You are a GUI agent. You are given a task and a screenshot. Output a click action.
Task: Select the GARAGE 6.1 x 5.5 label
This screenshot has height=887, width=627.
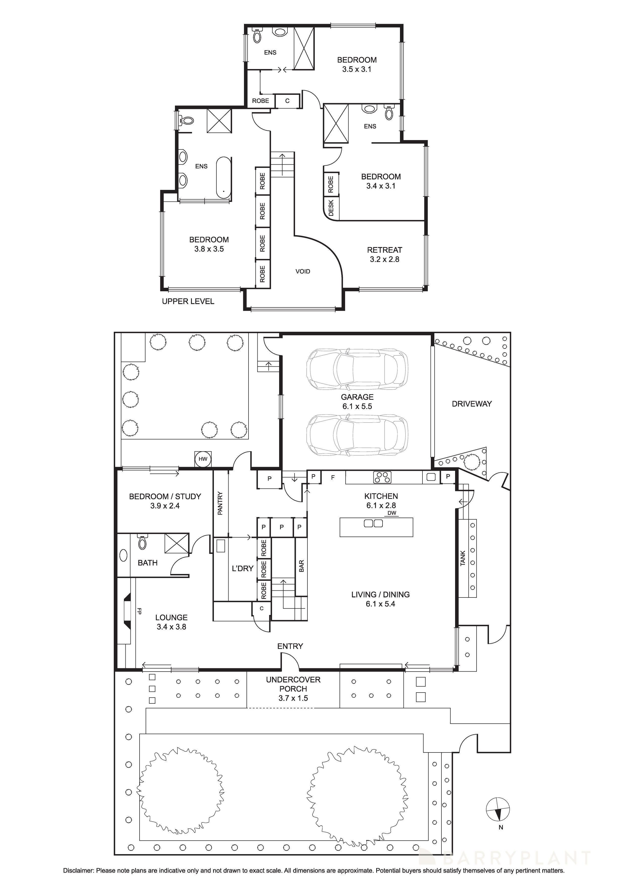coord(357,401)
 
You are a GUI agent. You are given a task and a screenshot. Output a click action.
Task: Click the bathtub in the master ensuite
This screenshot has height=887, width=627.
coord(223,177)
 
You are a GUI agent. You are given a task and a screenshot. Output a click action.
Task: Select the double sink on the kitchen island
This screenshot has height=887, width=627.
coord(373,523)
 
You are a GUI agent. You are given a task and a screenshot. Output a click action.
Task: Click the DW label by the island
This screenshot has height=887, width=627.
coord(392,514)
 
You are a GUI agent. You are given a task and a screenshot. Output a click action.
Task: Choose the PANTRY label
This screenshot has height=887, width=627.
coord(220,503)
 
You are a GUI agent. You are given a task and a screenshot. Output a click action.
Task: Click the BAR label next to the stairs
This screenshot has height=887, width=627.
coord(301,566)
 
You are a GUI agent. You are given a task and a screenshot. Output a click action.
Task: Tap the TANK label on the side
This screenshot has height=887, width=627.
coord(463,558)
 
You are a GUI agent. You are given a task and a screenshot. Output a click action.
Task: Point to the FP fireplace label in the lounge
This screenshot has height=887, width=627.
coord(139,611)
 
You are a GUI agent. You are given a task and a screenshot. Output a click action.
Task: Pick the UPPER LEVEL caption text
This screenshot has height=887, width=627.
coord(188,301)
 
